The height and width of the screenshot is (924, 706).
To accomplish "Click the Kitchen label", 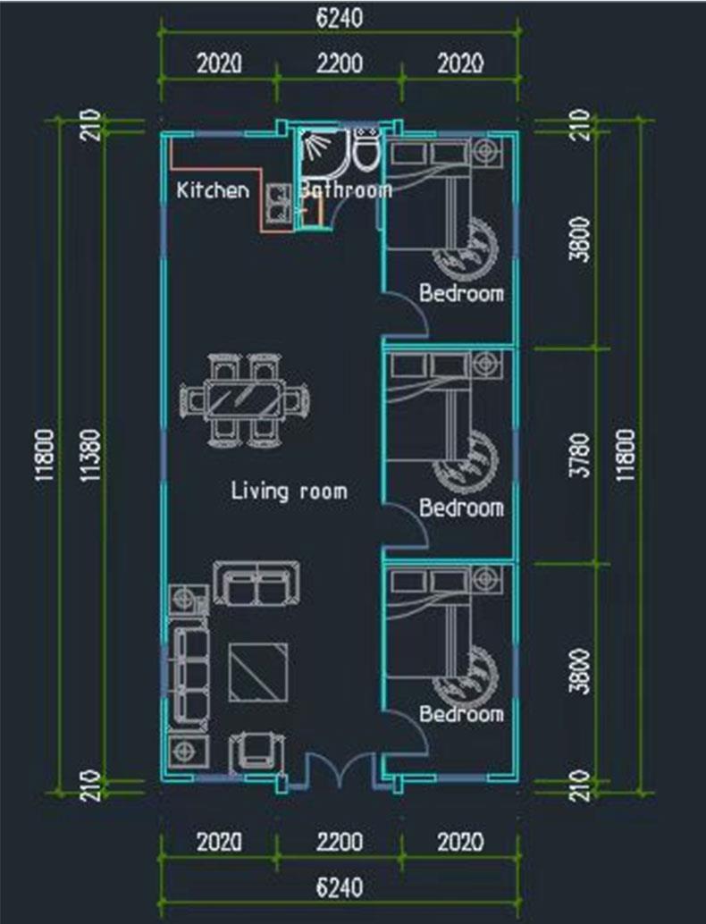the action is (213, 189).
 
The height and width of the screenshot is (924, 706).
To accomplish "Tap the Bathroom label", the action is (346, 189).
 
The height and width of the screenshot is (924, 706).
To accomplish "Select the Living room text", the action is (289, 491).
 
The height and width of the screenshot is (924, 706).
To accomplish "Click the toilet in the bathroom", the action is (366, 150).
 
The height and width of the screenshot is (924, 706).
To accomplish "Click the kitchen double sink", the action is (278, 204).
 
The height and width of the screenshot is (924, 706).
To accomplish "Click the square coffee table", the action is (258, 672).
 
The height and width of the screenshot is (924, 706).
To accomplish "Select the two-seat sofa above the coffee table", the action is (256, 583).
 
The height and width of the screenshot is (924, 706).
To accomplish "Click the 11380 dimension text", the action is (91, 455).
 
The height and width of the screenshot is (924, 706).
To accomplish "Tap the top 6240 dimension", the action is (340, 18).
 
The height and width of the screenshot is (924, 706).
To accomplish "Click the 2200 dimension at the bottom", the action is (340, 842).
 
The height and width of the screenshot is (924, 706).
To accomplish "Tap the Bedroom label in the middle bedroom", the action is (461, 508).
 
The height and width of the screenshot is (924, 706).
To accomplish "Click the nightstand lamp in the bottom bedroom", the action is (487, 578).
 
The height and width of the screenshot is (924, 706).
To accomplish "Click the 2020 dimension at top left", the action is (219, 63).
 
